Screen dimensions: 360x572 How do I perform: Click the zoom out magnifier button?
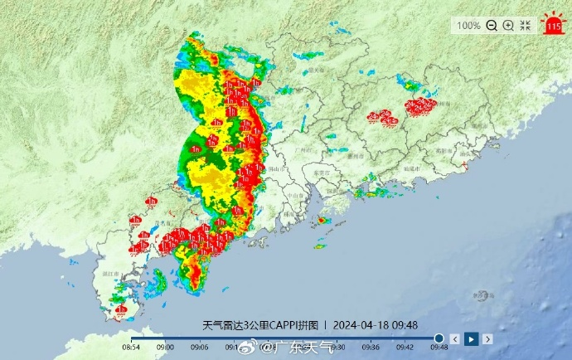(492, 26)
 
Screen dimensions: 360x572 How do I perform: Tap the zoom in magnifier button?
(508, 26)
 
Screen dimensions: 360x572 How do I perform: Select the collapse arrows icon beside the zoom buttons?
(526, 26)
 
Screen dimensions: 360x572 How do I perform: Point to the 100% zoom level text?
(468, 26)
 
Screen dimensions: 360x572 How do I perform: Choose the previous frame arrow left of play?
(455, 338)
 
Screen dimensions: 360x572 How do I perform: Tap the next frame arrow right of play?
(488, 338)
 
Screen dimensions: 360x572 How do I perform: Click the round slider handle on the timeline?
(439, 338)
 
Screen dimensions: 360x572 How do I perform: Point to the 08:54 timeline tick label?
(132, 348)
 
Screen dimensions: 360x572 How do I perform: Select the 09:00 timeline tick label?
(166, 348)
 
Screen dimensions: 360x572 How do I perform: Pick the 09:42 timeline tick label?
(405, 348)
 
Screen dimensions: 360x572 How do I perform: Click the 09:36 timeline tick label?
(371, 348)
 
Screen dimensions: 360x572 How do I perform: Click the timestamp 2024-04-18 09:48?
(376, 325)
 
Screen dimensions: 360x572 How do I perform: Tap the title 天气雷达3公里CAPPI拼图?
(261, 325)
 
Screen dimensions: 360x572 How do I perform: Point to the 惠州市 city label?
(356, 155)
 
